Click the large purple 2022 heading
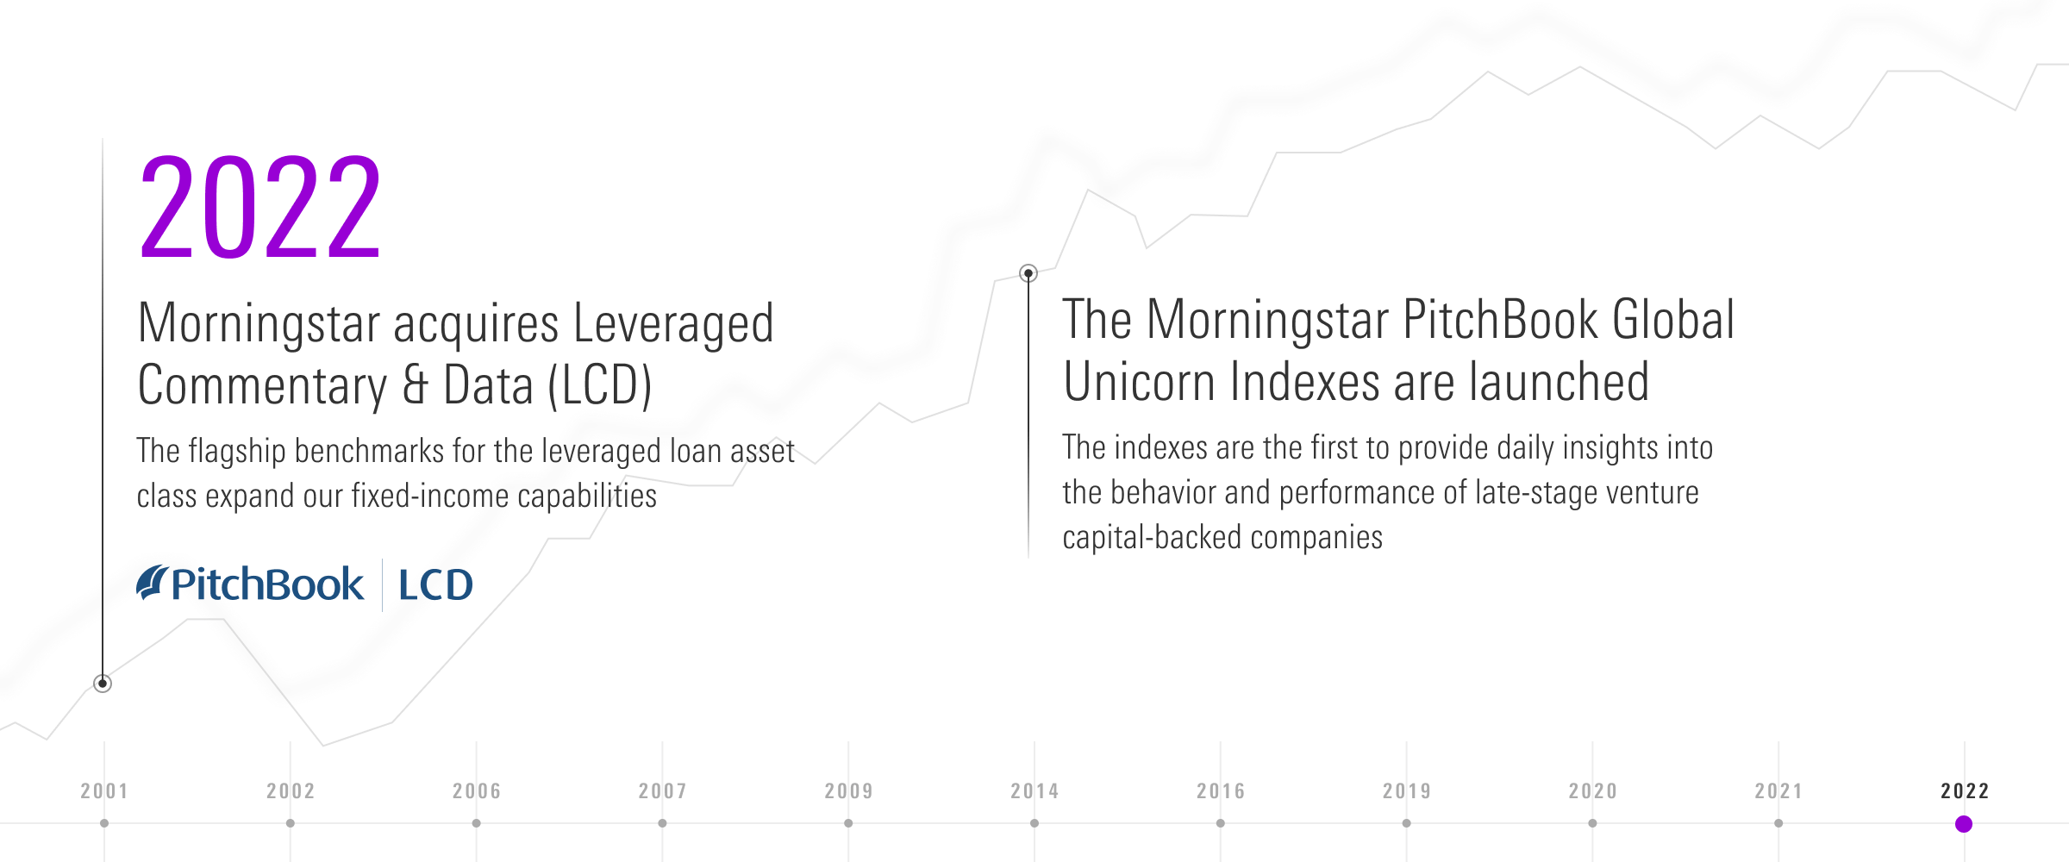[x=259, y=207]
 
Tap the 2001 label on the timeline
[x=104, y=790]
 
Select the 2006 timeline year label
[x=477, y=790]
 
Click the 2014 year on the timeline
[x=1034, y=790]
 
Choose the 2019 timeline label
[x=1407, y=790]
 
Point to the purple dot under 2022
[x=1964, y=824]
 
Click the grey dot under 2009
[x=848, y=823]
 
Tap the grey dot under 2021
[x=1778, y=823]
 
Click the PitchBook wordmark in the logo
[x=267, y=584]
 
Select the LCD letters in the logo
[x=435, y=585]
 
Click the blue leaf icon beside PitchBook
[x=152, y=582]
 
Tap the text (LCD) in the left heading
[x=600, y=385]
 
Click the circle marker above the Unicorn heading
[x=1028, y=273]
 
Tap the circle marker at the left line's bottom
[x=103, y=684]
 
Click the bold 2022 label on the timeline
[x=1965, y=790]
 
